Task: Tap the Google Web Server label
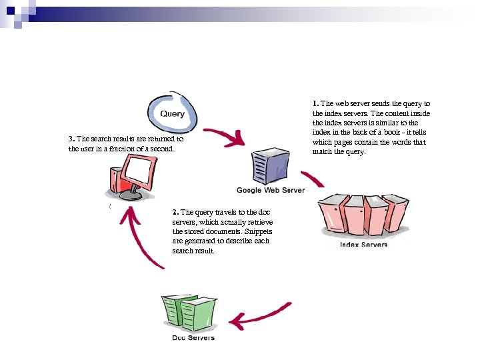pos(271,191)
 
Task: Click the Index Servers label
pos(363,245)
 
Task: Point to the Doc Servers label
pos(193,337)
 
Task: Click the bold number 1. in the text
pos(315,104)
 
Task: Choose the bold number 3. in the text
pos(71,139)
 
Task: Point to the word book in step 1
pos(392,133)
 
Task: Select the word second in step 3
pos(161,149)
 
